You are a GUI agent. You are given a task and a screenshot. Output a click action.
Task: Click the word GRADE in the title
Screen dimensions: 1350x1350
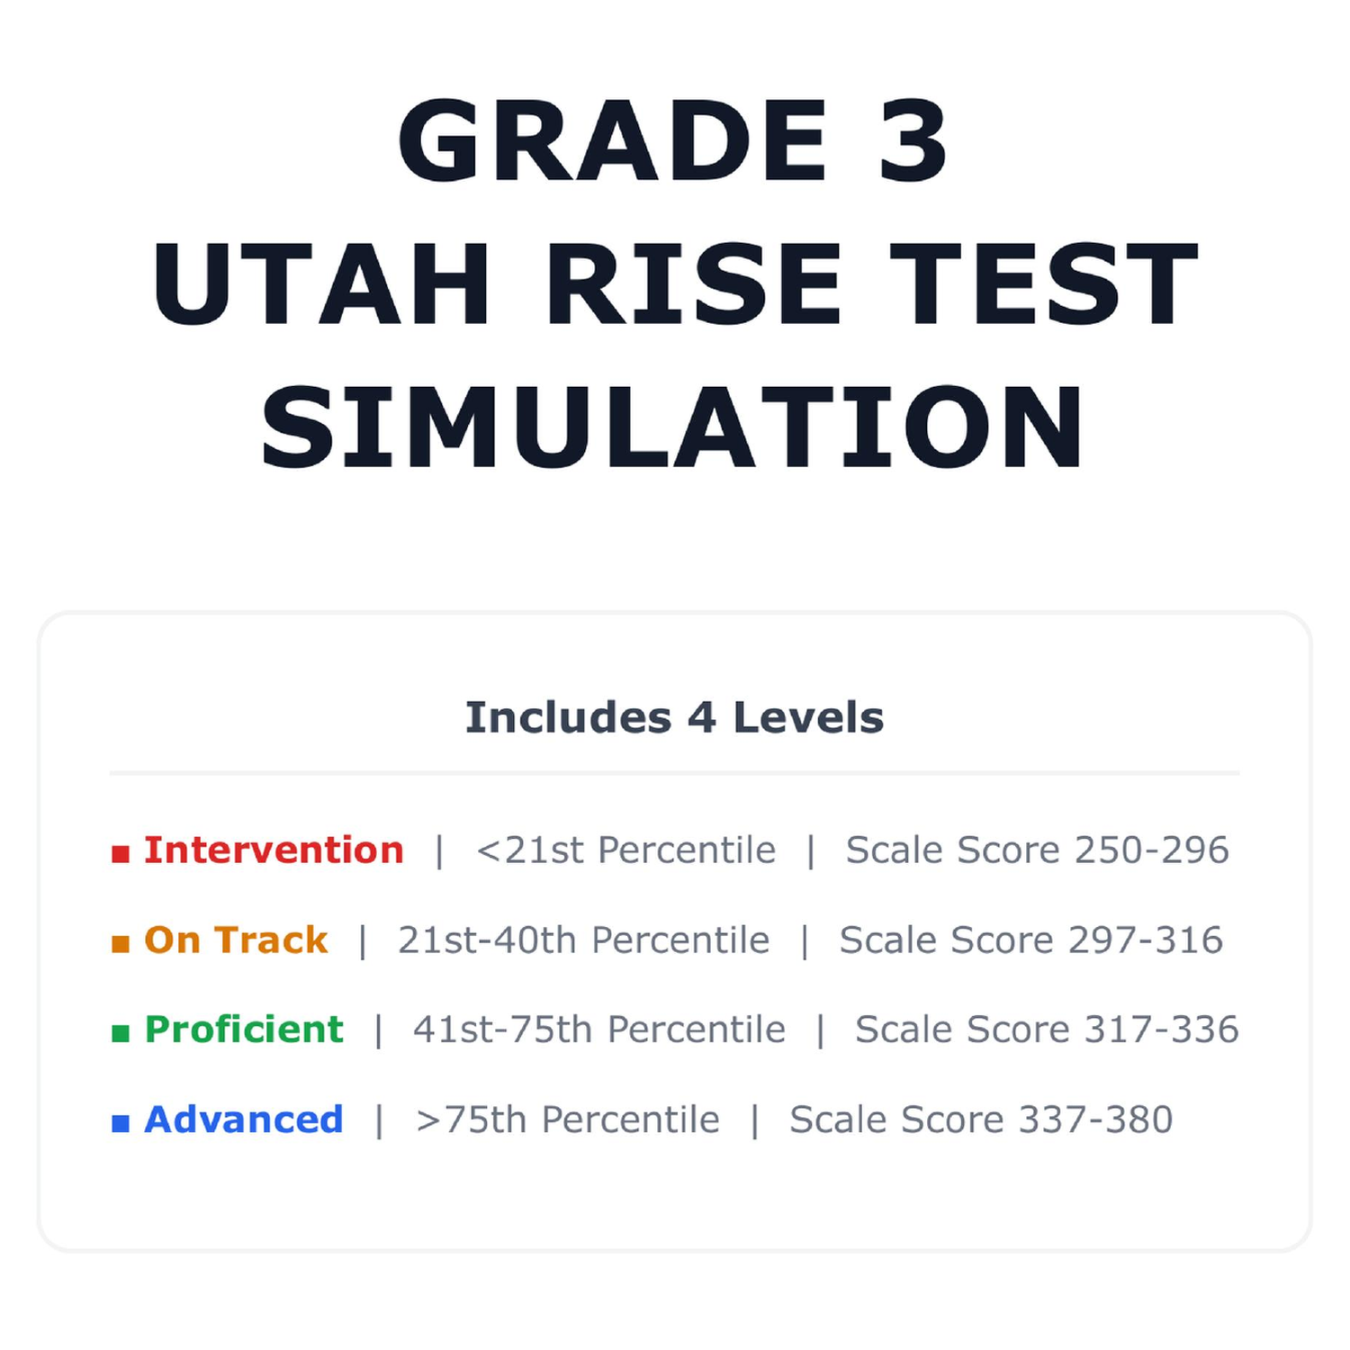[613, 140]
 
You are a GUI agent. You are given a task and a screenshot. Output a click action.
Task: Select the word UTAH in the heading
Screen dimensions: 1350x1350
[321, 283]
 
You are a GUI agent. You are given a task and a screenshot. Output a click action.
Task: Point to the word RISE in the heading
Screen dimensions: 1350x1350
[694, 283]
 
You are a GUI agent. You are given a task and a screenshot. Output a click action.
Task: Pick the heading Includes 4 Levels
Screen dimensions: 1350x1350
[674, 717]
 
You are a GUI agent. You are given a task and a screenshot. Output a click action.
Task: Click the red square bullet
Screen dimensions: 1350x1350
[121, 853]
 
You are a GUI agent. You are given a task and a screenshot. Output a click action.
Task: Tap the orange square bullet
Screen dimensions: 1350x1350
[121, 943]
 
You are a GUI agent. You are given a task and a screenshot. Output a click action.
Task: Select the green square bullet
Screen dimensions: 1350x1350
[121, 1032]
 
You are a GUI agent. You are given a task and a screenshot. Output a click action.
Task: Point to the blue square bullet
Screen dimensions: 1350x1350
[121, 1122]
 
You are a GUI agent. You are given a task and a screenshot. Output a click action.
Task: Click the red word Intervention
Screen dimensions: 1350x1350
[274, 850]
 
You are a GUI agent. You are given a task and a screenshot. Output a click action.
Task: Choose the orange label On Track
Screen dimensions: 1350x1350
[236, 940]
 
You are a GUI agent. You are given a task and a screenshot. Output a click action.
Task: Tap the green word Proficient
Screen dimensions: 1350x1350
[244, 1029]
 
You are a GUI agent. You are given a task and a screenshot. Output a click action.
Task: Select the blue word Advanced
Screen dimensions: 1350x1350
[244, 1119]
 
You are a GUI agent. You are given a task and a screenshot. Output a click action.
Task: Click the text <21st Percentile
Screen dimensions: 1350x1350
[625, 850]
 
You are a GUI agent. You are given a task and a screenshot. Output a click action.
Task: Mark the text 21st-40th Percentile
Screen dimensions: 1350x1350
[584, 940]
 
